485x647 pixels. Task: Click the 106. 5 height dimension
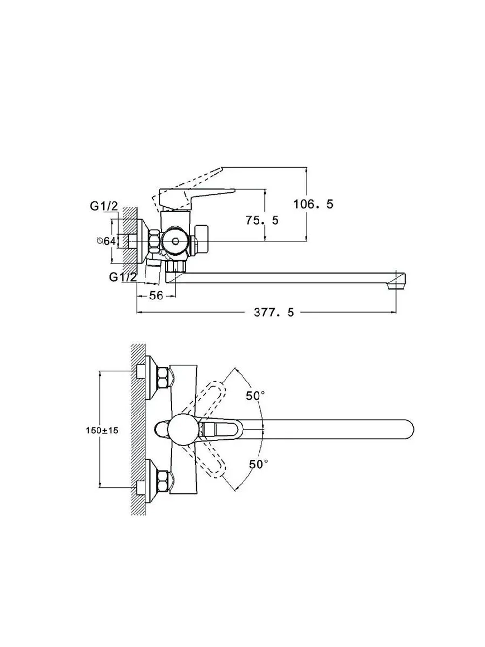pyautogui.click(x=313, y=204)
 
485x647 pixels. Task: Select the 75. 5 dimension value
pyautogui.click(x=262, y=220)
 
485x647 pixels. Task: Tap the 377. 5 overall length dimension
pyautogui.click(x=274, y=313)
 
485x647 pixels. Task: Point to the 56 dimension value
pyautogui.click(x=156, y=296)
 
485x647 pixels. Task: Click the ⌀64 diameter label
pyautogui.click(x=107, y=241)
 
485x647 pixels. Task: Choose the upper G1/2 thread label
pyautogui.click(x=104, y=206)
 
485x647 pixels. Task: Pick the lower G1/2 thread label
pyautogui.click(x=123, y=277)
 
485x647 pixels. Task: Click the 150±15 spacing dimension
pyautogui.click(x=102, y=431)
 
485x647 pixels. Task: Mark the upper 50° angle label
pyautogui.click(x=255, y=396)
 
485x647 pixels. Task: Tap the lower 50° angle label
pyautogui.click(x=258, y=464)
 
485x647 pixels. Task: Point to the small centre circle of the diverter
pyautogui.click(x=176, y=241)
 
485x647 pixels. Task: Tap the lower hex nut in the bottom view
pyautogui.click(x=162, y=481)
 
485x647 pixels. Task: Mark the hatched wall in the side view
pyautogui.click(x=130, y=235)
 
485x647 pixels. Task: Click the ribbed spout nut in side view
pyautogui.click(x=176, y=266)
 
